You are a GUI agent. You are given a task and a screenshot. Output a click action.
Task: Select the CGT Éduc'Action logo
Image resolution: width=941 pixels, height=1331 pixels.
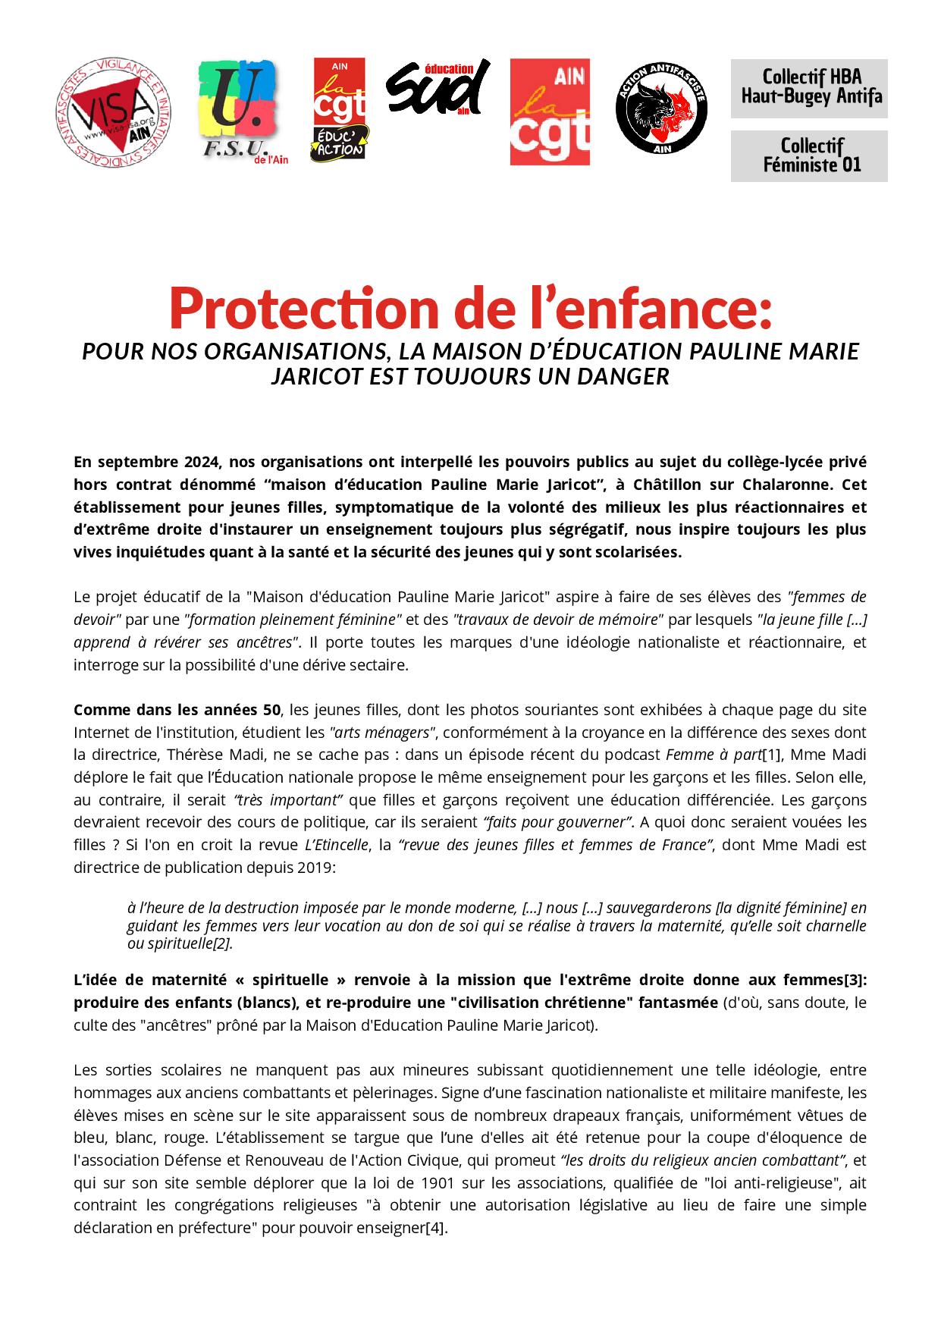[x=340, y=110]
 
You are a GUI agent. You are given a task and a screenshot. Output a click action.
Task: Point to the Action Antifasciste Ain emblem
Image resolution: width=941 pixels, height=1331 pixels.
[x=661, y=111]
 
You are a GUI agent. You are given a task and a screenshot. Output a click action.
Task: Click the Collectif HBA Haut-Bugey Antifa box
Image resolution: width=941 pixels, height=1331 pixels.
[x=808, y=88]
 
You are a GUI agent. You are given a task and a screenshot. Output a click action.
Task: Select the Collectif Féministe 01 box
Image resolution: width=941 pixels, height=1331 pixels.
[x=808, y=155]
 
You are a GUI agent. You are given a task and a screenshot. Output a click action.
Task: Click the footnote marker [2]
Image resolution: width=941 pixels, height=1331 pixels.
[x=221, y=943]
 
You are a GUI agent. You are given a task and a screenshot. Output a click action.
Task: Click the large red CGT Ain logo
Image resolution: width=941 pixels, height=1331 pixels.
[x=550, y=112]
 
